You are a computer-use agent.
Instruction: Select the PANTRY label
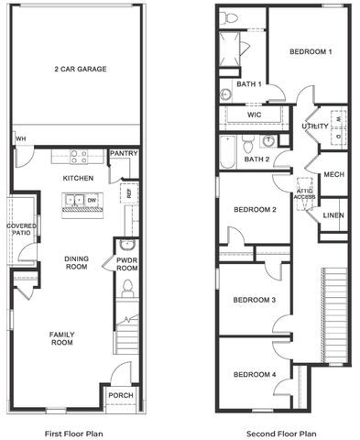coord(124,154)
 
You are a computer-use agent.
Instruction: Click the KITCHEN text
coord(79,177)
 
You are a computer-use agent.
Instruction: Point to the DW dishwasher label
coord(93,199)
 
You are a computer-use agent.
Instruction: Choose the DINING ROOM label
coord(76,263)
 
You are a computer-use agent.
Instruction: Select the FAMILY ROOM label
coord(61,338)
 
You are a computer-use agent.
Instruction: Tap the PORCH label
coord(120,397)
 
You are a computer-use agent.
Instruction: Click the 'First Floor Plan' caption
coord(74,433)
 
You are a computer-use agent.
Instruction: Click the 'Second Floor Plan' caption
coord(283,433)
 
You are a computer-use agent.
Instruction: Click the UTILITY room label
coord(315,126)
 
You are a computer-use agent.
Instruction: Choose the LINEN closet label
coord(333,214)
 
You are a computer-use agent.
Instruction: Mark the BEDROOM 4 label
coord(254,374)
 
